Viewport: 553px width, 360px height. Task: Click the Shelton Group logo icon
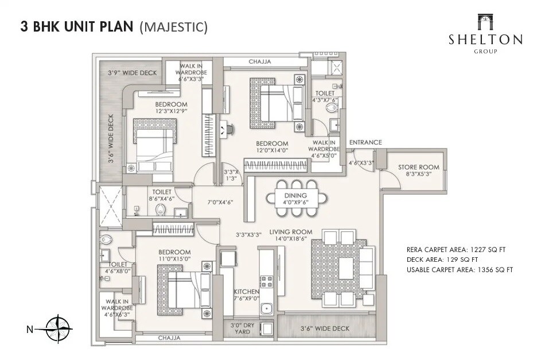(485, 22)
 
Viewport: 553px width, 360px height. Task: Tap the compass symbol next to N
(60, 329)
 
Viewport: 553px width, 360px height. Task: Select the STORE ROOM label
(419, 171)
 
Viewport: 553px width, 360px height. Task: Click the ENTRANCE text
(365, 142)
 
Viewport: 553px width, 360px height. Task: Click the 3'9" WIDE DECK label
(132, 73)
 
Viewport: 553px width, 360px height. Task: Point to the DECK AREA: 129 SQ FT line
(447, 260)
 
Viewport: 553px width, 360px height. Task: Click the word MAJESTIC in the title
(173, 27)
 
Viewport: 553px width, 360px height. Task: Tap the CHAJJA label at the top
(260, 61)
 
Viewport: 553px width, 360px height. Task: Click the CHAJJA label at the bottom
(169, 338)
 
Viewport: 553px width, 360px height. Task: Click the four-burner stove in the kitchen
(267, 281)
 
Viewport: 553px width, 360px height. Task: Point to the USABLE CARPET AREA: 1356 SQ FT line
(459, 269)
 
